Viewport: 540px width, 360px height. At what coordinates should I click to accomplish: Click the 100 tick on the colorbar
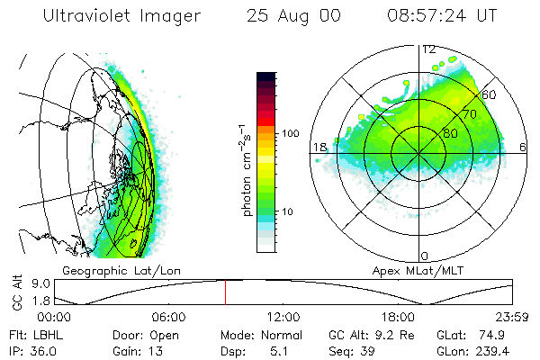coord(291,133)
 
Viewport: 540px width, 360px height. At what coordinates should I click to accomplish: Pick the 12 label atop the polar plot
coord(428,49)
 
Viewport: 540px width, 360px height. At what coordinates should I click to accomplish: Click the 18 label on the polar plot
coord(319,147)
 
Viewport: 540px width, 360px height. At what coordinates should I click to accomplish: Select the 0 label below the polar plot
coord(425,256)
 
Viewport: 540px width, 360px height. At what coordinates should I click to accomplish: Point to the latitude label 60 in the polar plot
coord(489,94)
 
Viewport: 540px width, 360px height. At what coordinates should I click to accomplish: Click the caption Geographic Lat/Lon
coord(111,270)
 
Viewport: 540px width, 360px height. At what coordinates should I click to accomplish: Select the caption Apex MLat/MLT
coord(413,270)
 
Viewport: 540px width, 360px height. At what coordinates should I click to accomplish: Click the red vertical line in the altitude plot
coord(226,292)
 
